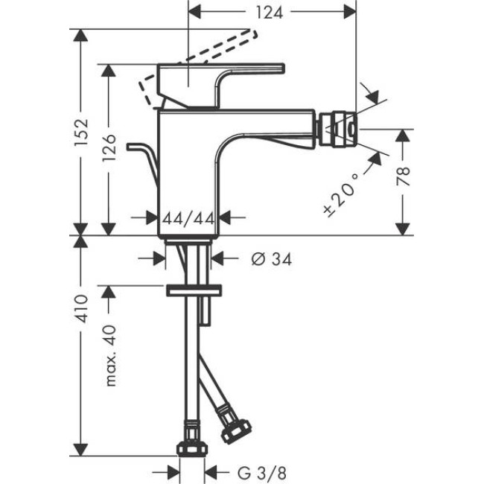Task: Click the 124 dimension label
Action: [x=271, y=13]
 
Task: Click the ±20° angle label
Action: [x=342, y=191]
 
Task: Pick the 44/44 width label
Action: [x=188, y=217]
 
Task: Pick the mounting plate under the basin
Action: [x=194, y=290]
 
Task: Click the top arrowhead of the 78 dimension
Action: [x=403, y=134]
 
